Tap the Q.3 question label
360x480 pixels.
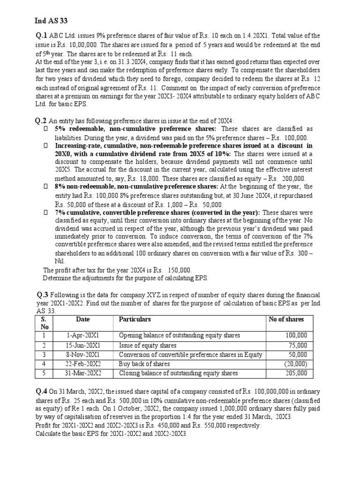pos(43,295)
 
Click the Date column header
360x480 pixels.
pos(82,319)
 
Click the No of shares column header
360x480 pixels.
pos(286,319)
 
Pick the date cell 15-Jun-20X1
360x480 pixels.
pos(83,345)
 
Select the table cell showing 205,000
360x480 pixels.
pos(296,373)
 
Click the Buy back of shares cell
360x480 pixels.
pos(144,364)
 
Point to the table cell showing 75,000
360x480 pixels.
pos(298,345)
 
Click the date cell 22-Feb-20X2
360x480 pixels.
pos(83,364)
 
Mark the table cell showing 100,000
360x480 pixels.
pos(296,336)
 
